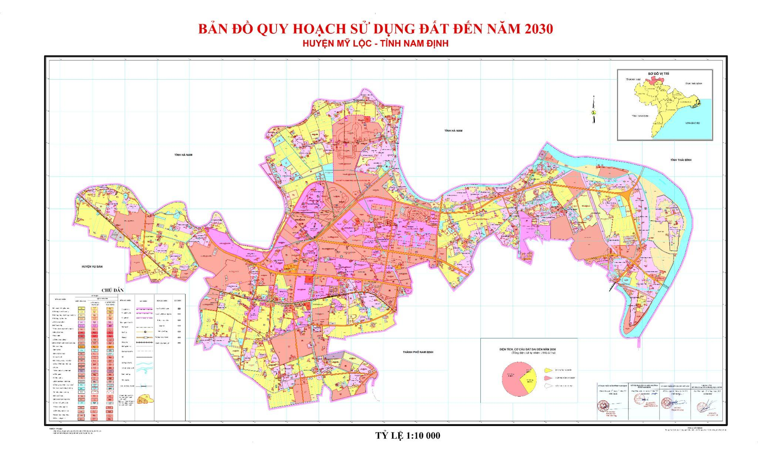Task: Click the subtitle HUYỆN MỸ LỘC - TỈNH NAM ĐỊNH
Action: coord(375,44)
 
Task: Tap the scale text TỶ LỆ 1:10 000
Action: coord(408,435)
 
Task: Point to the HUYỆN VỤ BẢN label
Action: coord(92,267)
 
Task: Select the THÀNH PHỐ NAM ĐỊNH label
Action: coord(418,352)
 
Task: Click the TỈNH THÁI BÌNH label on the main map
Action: coord(680,160)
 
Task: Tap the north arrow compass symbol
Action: coord(593,110)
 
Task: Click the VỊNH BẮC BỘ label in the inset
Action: coord(692,123)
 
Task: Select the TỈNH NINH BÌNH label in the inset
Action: coord(640,116)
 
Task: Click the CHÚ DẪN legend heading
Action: coord(113,290)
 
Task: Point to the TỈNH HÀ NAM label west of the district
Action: coord(183,155)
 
